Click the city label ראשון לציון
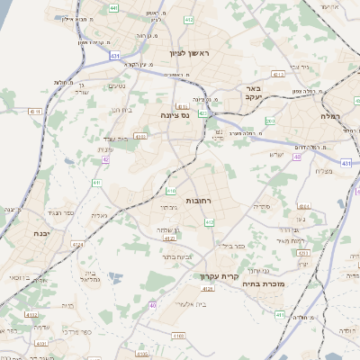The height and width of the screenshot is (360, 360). [189, 53]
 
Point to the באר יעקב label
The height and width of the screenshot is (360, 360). [251, 94]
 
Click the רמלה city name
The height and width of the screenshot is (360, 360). [328, 116]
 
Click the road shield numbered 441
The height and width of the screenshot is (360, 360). [114, 8]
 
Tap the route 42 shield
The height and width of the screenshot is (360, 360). [105, 159]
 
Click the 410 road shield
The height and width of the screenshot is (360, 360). [171, 191]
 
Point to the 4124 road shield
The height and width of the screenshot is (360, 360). [77, 243]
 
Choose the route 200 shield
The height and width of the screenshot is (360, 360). [270, 120]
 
